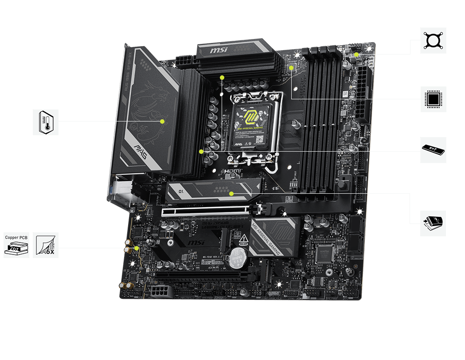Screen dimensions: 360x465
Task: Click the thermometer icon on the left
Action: pyautogui.click(x=46, y=122)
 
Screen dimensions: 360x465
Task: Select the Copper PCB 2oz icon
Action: pyautogui.click(x=16, y=245)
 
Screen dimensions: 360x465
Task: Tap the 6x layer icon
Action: pyautogui.click(x=46, y=245)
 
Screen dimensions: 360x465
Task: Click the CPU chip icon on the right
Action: pyautogui.click(x=433, y=99)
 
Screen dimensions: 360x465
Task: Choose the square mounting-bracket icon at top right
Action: pyautogui.click(x=433, y=41)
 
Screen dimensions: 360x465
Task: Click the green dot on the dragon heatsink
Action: pyautogui.click(x=162, y=121)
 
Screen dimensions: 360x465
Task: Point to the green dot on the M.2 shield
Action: pyautogui.click(x=231, y=193)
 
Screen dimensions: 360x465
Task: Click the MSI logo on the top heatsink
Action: pyautogui.click(x=219, y=50)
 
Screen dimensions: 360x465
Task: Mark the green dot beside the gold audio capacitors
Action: pyautogui.click(x=137, y=249)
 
